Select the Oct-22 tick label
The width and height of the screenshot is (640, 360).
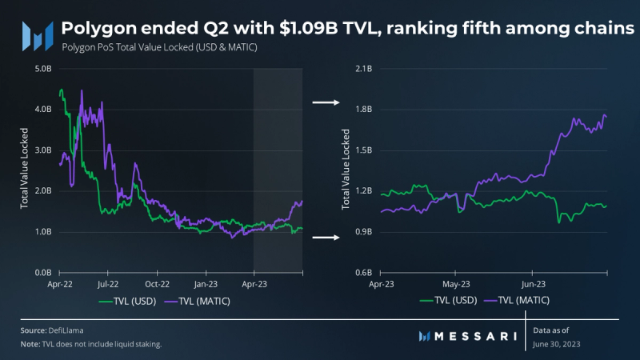(156, 283)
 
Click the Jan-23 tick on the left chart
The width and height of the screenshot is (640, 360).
(206, 283)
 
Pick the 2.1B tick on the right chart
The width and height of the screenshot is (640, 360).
(362, 69)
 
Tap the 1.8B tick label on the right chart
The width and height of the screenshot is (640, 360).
(362, 110)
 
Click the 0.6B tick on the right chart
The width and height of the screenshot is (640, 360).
(362, 273)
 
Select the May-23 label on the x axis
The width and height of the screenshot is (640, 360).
(455, 283)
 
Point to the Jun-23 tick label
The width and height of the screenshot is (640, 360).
(534, 283)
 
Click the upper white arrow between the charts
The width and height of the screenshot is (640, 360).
(324, 102)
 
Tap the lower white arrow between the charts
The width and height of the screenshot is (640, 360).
(324, 238)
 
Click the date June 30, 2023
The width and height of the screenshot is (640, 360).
(558, 343)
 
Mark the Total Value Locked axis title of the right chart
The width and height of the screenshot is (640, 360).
(346, 171)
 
